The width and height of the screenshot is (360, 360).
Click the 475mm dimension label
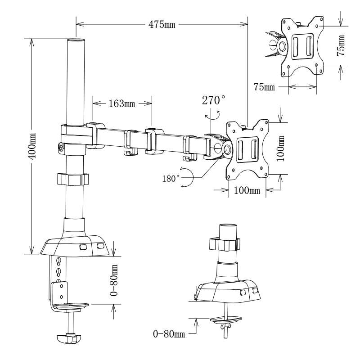point(162,23)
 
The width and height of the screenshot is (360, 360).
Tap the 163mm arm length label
point(121,103)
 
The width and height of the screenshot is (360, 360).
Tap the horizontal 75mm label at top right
point(264,87)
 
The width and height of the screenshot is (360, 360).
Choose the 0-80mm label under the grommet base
point(169,334)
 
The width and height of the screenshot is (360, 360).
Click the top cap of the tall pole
point(76,41)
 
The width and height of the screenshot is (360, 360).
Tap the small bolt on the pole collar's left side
point(60,147)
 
